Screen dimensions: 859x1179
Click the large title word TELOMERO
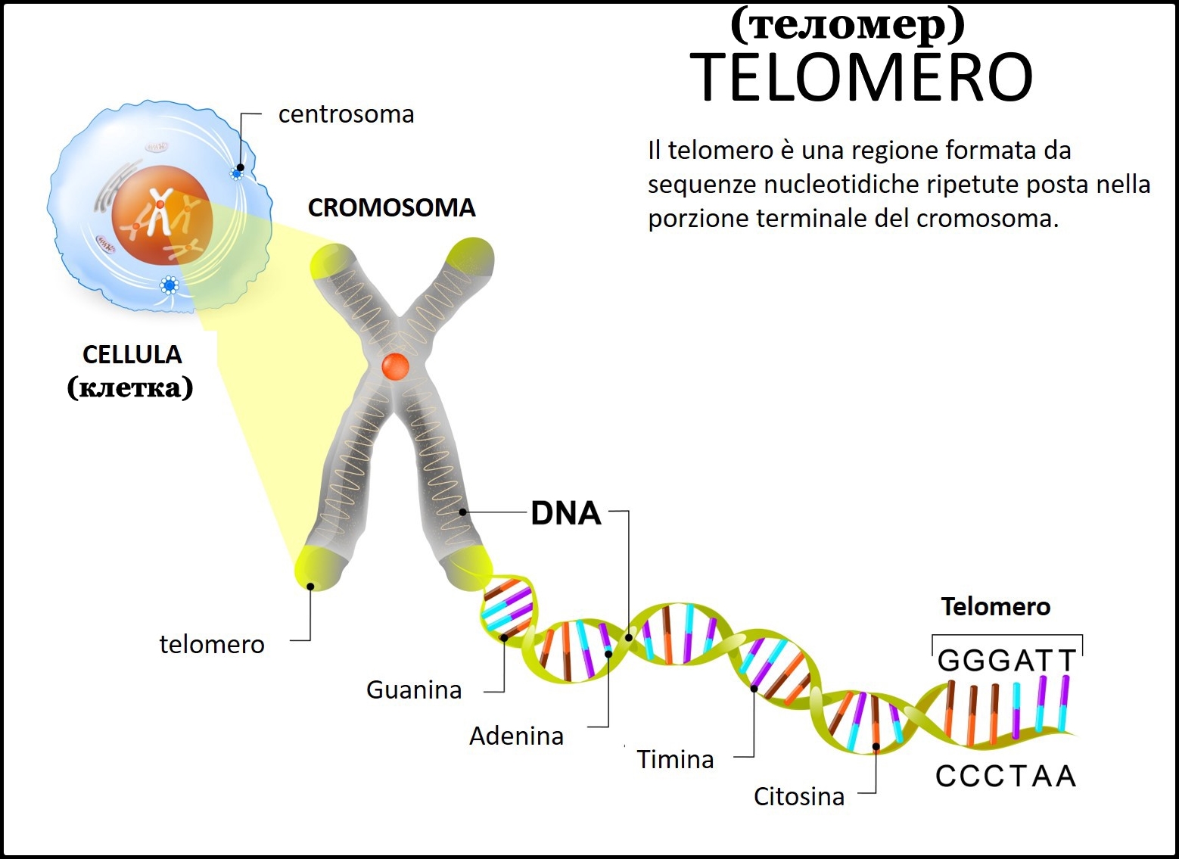coord(861,77)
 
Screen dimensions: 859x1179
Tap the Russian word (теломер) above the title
coord(848,24)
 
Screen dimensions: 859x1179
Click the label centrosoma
coord(346,114)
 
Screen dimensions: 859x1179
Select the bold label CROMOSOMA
coord(391,207)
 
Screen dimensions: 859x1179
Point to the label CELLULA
coord(132,354)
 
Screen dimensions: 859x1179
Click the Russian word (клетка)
coord(130,387)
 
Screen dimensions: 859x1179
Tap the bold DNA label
coord(565,513)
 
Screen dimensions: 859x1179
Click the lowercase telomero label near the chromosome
coord(212,644)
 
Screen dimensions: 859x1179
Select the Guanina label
coord(413,689)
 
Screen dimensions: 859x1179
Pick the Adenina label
coord(516,736)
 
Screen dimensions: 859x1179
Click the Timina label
coord(675,759)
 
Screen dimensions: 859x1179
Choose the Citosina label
coord(798,796)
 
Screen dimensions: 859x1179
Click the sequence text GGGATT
coord(1006,661)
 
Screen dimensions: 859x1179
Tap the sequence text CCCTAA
coord(1006,776)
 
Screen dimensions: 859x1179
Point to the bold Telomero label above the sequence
coord(995,606)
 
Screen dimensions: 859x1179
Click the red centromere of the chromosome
coord(395,366)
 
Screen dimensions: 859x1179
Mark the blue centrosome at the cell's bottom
coord(170,285)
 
